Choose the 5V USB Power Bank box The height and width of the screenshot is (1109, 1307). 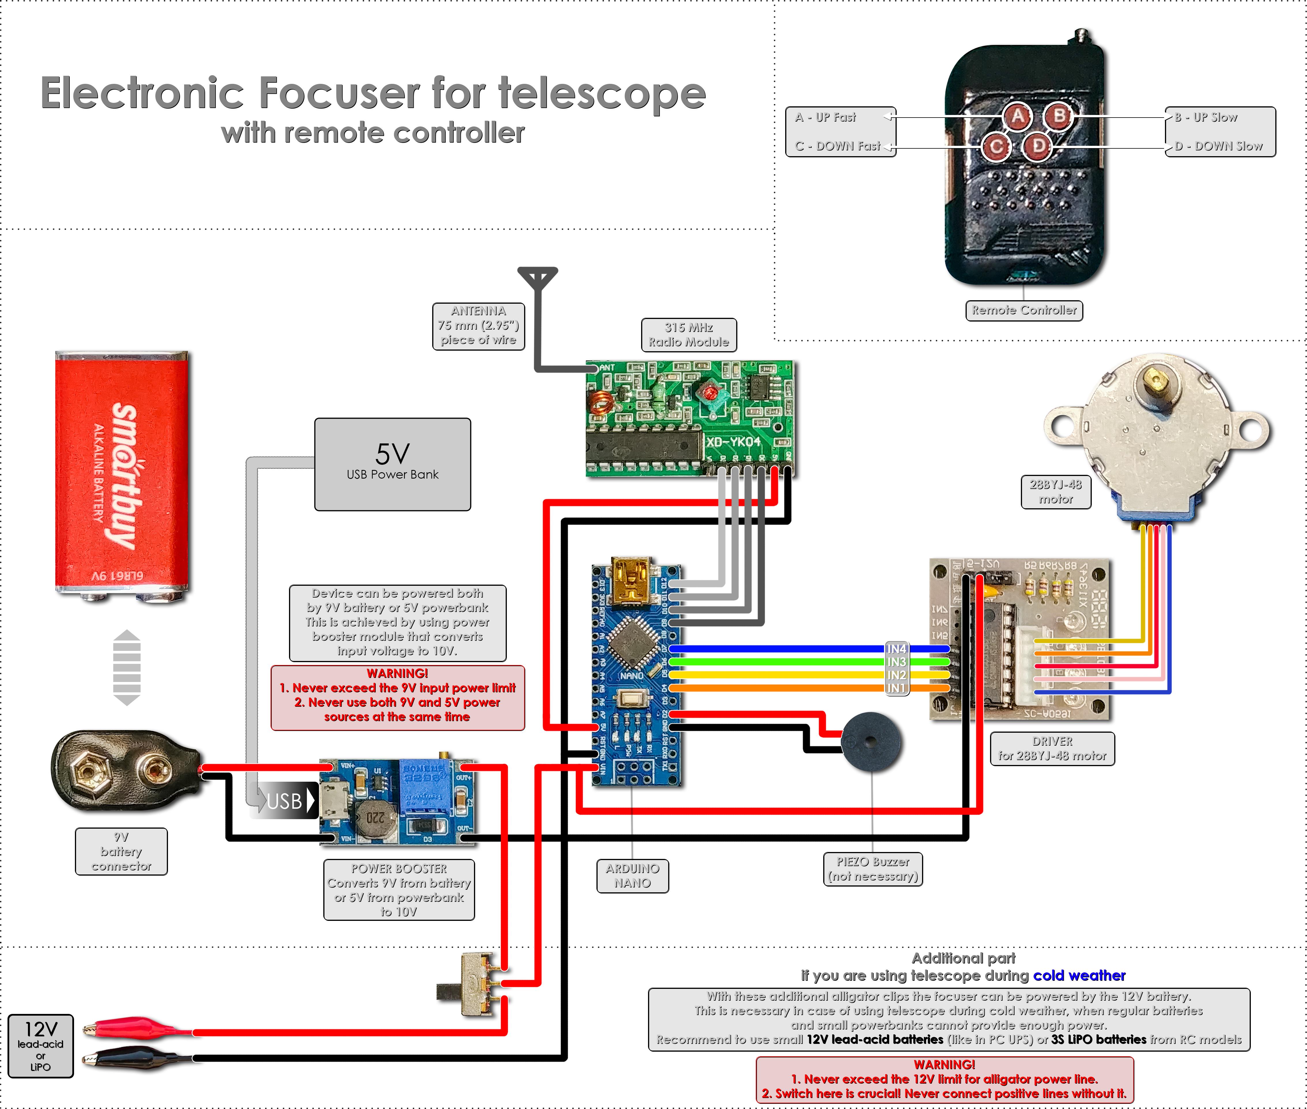pyautogui.click(x=392, y=464)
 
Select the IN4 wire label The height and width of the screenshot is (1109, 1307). pyautogui.click(x=896, y=648)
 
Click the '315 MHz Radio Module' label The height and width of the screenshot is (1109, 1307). pyautogui.click(x=688, y=335)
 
